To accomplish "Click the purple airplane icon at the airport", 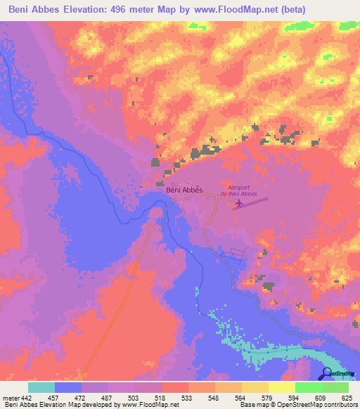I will tap(239, 204).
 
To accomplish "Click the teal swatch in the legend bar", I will tap(41, 388).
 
